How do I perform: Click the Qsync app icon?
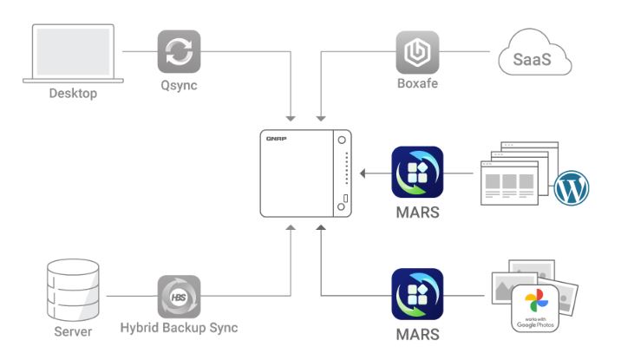179,51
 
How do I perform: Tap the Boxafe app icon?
416,52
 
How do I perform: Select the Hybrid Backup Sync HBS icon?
179,297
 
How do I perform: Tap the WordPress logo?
572,188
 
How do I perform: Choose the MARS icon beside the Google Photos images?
417,295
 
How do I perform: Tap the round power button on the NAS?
343,140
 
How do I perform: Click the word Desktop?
72,93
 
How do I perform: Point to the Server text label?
72,332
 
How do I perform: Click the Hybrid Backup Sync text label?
179,330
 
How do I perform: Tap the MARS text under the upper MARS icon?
417,213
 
